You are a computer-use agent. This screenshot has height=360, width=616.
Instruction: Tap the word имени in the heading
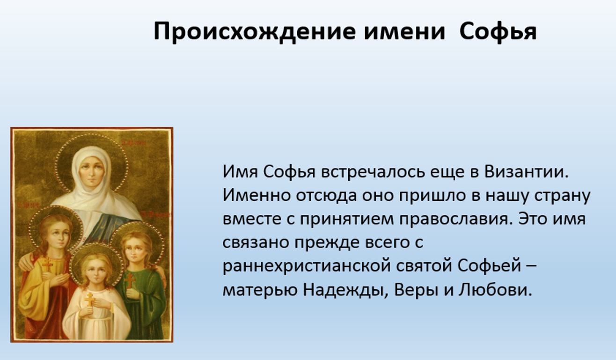pyautogui.click(x=404, y=32)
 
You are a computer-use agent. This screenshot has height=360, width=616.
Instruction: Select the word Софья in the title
pyautogui.click(x=498, y=32)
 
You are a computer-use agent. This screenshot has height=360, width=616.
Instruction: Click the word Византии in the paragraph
pyautogui.click(x=526, y=172)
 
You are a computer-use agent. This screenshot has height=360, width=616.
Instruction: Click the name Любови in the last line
pyautogui.click(x=495, y=290)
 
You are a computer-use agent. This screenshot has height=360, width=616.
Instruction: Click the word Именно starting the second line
pyautogui.click(x=257, y=195)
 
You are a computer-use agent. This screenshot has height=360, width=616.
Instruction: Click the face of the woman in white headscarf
pyautogui.click(x=91, y=172)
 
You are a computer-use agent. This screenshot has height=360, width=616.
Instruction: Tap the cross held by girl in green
pyautogui.click(x=130, y=280)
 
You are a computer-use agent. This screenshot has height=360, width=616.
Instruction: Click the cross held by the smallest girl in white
pyautogui.click(x=89, y=300)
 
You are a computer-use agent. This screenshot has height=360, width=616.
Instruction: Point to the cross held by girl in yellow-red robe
pyautogui.click(x=47, y=264)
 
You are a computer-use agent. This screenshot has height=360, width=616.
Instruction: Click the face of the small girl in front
pyautogui.click(x=97, y=272)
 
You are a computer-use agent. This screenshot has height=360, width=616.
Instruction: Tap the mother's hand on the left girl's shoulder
pyautogui.click(x=27, y=262)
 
